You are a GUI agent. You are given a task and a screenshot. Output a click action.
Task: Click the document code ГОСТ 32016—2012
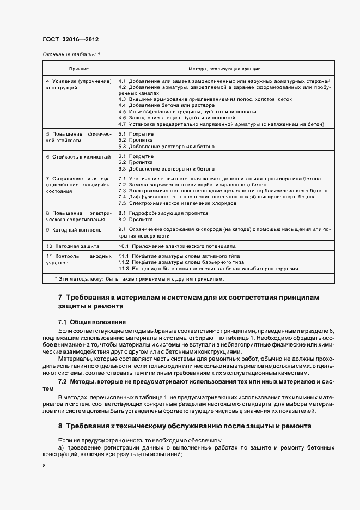point(70,40)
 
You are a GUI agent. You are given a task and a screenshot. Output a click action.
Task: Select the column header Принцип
point(79,69)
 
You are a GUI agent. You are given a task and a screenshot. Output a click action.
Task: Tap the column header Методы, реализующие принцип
point(224,69)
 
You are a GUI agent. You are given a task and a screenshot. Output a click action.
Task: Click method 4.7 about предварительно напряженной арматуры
point(223,123)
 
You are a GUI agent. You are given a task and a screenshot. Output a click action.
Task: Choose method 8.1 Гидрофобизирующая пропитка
point(159,212)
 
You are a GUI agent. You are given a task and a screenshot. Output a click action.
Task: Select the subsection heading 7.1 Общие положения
point(91,322)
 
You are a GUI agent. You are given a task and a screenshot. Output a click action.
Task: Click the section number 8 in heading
point(60,424)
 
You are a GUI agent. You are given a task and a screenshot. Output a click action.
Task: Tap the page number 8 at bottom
point(44,466)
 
